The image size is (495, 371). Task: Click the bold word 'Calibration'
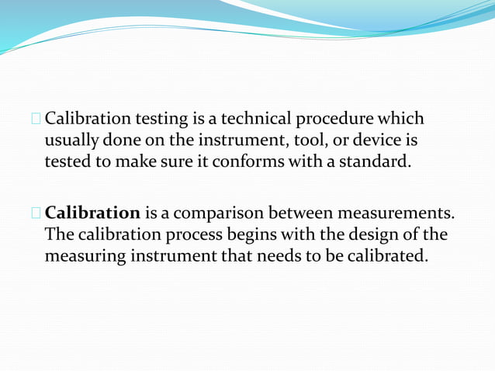(x=93, y=212)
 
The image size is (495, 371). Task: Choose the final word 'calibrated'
(x=386, y=255)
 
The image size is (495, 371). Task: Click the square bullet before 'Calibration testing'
(x=36, y=120)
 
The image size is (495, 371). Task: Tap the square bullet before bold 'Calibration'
(x=36, y=212)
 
